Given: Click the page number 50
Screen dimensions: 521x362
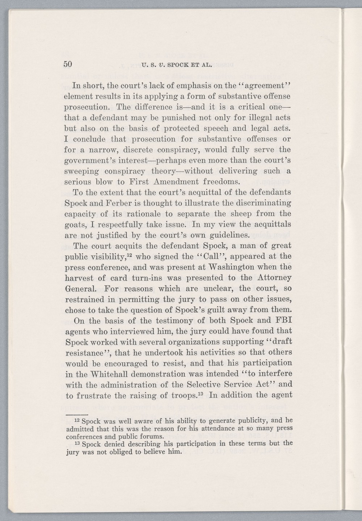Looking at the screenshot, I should (68, 64).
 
